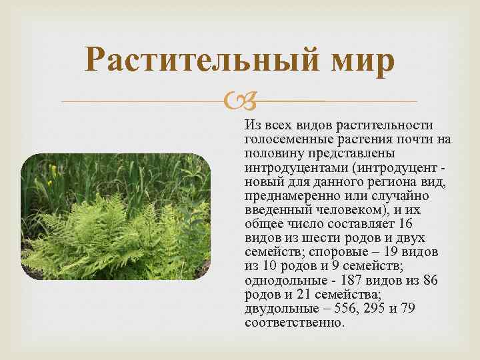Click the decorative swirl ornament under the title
pyautogui.click(x=239, y=102)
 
